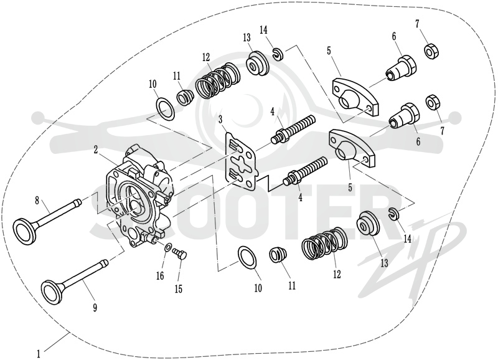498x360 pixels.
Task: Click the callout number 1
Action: coord(39,354)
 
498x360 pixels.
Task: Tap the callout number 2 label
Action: coord(96,150)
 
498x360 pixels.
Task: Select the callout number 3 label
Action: coord(221,120)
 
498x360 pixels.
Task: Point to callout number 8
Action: coord(37,200)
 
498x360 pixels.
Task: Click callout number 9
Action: coord(95,307)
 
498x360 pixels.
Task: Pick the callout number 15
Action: coord(179,289)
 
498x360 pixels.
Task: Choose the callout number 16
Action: coord(161,276)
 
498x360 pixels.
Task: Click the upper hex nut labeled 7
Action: coord(431,51)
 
